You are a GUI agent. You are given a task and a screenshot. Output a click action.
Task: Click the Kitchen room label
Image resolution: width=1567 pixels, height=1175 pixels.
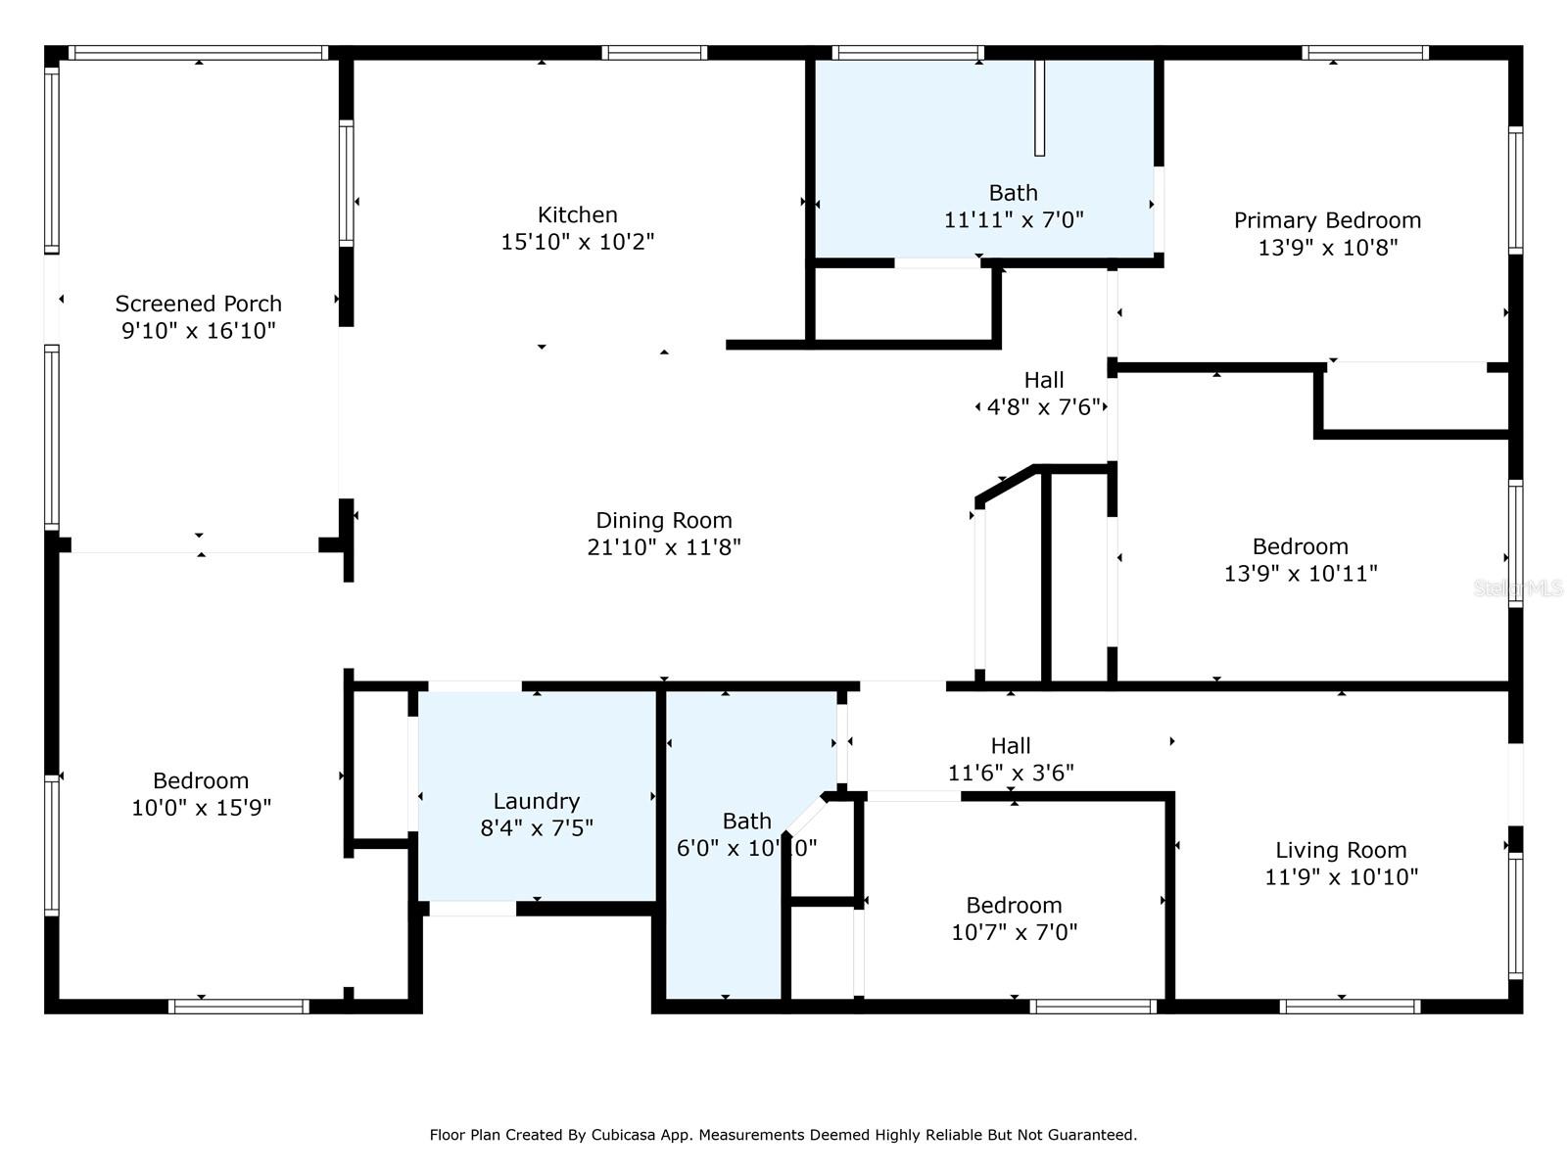coord(577,214)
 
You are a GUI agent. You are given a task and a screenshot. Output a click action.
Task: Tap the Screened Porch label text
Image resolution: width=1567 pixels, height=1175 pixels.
coord(199,304)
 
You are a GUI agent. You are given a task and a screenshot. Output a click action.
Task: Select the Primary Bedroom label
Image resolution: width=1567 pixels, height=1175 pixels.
coord(1327,220)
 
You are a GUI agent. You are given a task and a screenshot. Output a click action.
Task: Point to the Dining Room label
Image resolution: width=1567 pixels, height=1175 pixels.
coord(664,520)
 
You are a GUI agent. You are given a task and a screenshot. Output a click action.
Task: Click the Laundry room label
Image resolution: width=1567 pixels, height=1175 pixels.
coord(536,801)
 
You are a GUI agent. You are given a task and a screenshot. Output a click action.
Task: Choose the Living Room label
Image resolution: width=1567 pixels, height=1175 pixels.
coord(1341,850)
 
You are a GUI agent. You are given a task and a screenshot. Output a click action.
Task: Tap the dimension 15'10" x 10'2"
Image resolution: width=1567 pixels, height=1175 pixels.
coord(577,242)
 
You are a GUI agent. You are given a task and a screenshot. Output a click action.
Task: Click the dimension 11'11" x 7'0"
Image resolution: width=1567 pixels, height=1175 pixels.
coord(1013,219)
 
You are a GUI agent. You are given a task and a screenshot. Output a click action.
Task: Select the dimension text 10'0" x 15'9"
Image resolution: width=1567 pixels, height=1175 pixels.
coord(202,808)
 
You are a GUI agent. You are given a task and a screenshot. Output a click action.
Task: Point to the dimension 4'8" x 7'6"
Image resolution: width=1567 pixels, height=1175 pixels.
coord(1043,406)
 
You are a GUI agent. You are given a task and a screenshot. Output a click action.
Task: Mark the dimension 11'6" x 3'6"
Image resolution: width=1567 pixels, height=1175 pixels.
coord(1010,773)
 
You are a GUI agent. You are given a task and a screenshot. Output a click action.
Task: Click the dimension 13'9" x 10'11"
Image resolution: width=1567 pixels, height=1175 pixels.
coord(1300,574)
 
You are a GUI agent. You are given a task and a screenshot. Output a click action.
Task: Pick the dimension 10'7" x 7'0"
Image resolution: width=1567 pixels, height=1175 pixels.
coord(1014,932)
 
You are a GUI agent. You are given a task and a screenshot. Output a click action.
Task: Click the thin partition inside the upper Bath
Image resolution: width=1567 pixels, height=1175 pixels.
coord(1039,108)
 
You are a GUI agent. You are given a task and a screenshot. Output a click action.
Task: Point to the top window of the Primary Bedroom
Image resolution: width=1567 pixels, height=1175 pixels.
coord(1364,53)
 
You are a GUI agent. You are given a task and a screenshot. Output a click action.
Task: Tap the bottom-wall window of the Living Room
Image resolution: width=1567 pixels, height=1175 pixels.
coord(1350,1007)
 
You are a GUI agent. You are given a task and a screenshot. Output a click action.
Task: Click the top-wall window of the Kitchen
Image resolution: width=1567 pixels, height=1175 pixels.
coord(654,53)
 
